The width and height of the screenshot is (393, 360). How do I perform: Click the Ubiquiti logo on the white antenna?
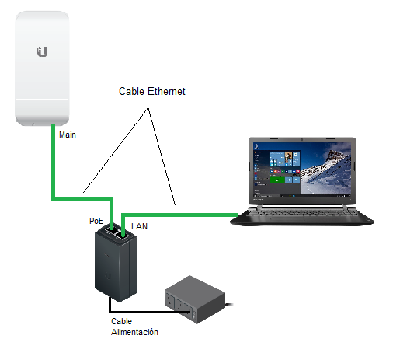coord(42,51)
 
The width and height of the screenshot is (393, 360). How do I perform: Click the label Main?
coord(68,135)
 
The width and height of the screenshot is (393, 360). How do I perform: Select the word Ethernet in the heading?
coord(166,91)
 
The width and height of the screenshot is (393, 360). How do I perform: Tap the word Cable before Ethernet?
coord(131,91)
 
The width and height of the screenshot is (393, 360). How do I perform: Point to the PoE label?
coord(96,221)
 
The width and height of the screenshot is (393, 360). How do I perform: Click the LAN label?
coord(139,226)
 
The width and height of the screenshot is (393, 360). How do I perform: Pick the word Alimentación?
coord(134,332)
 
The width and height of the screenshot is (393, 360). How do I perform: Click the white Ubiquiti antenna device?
coord(42,68)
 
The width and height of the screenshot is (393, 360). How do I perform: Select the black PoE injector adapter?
coord(116,262)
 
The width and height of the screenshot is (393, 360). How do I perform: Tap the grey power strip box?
coord(196,299)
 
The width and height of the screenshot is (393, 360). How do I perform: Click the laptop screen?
coord(302,171)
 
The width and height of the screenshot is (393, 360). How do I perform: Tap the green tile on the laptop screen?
coord(277,180)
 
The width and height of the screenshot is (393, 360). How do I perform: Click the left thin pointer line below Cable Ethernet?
coord(116,149)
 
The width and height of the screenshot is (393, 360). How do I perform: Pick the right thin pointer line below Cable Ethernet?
coord(162,156)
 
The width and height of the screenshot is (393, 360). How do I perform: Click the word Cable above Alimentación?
coord(121,321)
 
